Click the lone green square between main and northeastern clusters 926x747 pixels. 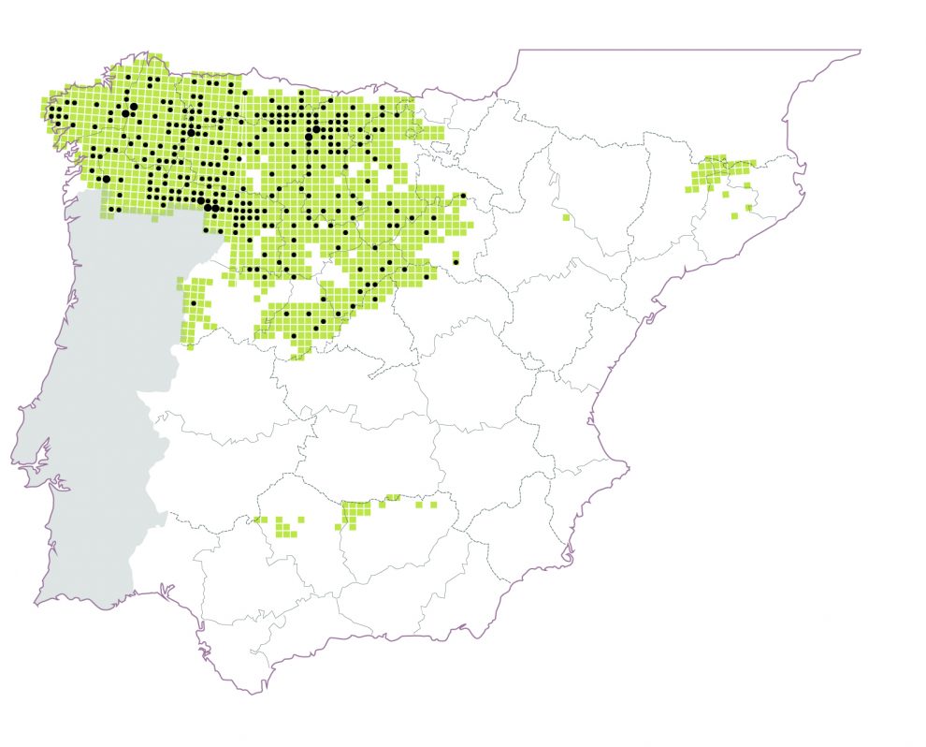[567, 217]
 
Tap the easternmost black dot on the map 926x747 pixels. [463, 195]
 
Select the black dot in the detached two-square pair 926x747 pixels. [456, 263]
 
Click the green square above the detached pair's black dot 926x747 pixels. [456, 255]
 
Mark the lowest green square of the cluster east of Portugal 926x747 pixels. [190, 347]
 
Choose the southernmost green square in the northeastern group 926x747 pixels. [748, 208]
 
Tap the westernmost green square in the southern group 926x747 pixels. [254, 519]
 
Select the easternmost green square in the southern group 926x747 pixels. [433, 505]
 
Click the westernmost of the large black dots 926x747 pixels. [106, 179]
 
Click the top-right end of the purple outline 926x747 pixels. [860, 50]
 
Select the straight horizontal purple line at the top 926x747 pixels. [692, 50]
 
